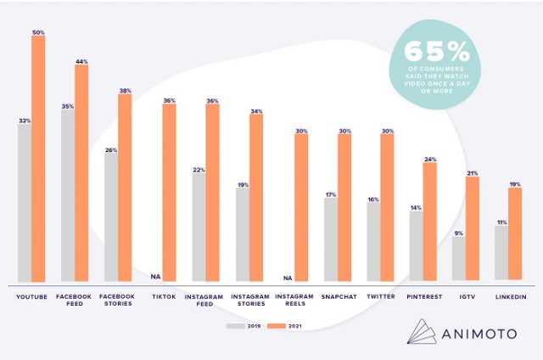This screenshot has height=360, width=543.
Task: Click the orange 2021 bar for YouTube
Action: [x=38, y=158]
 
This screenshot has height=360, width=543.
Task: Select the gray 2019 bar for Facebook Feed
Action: [x=67, y=195]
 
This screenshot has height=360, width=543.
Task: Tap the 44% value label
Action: [x=81, y=61]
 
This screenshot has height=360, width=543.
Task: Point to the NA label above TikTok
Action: [x=154, y=276]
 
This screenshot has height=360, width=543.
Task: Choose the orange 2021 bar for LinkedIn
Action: [x=514, y=233]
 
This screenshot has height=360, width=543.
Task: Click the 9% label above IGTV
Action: [x=458, y=233]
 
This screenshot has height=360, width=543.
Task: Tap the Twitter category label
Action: [x=380, y=297]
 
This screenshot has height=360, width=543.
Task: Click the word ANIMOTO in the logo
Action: [x=482, y=333]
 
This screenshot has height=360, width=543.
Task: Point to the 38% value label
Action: [x=125, y=90]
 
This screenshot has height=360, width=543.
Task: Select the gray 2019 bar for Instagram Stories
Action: [x=243, y=233]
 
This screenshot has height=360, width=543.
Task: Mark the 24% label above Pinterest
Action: [x=429, y=159]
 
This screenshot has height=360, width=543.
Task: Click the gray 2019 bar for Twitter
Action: [x=373, y=241]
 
